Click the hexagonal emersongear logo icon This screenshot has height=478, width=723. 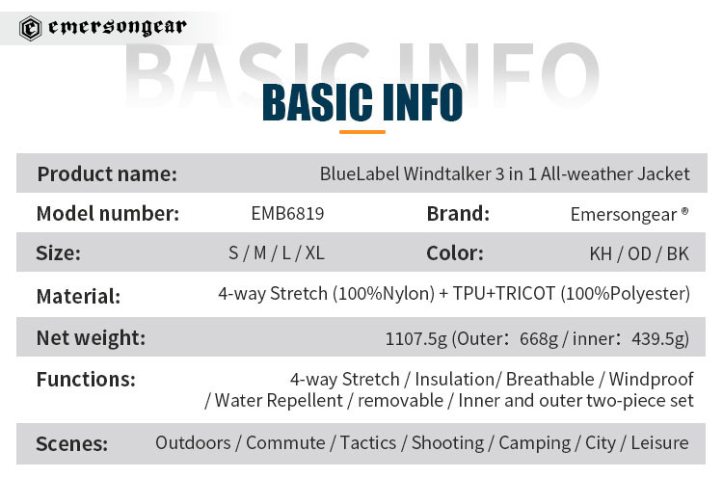pyautogui.click(x=31, y=28)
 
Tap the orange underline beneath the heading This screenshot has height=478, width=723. pyautogui.click(x=361, y=132)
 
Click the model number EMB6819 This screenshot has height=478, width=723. pyautogui.click(x=287, y=213)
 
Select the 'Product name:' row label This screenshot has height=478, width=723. pyautogui.click(x=107, y=174)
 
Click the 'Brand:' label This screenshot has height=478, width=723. pyautogui.click(x=458, y=214)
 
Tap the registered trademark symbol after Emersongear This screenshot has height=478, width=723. pyautogui.click(x=684, y=211)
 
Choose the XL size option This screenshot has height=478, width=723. pyautogui.click(x=315, y=253)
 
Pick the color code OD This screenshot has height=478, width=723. pyautogui.click(x=639, y=254)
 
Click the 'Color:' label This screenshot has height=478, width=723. pyautogui.click(x=455, y=253)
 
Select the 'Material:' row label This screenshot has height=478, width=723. pyautogui.click(x=78, y=297)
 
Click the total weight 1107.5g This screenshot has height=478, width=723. pyautogui.click(x=416, y=339)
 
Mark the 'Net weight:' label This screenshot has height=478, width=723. pyautogui.click(x=91, y=338)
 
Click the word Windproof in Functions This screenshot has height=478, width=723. pyautogui.click(x=651, y=380)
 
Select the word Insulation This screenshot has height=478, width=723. pyautogui.click(x=455, y=380)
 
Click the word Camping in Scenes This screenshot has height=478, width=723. pyautogui.click(x=535, y=443)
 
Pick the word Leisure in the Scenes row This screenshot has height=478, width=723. pyautogui.click(x=659, y=443)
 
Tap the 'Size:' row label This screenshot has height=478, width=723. pyautogui.click(x=58, y=253)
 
